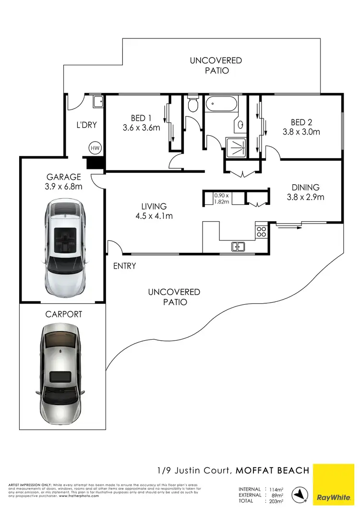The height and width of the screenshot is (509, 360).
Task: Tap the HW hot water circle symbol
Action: (95, 148)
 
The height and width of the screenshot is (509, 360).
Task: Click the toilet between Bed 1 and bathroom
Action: (192, 105)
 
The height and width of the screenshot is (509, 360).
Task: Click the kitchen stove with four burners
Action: (262, 233)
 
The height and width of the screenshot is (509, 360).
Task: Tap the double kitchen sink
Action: (238, 247)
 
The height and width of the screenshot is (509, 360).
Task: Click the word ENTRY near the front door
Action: (125, 266)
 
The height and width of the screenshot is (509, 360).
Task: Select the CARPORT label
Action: (64, 315)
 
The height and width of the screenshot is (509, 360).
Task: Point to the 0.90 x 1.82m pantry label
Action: (222, 198)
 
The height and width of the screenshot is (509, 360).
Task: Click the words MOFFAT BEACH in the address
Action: (272, 470)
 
